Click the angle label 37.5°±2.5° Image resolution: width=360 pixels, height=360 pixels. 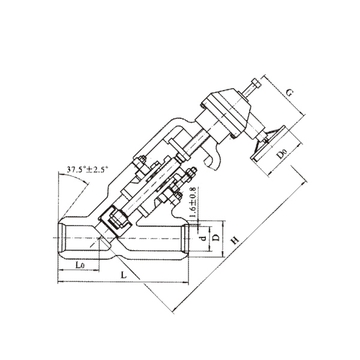(87, 169)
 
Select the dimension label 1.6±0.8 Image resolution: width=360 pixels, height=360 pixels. (193, 203)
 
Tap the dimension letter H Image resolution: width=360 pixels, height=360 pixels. (235, 241)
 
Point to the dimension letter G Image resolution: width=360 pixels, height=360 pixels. (290, 93)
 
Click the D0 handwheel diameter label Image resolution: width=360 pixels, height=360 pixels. (281, 154)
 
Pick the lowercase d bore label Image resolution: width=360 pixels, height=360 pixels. (203, 238)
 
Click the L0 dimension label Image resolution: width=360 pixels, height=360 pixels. (80, 265)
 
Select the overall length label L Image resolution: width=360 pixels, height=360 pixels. (124, 275)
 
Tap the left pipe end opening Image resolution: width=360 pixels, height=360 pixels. (62, 238)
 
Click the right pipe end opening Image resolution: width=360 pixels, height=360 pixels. (185, 239)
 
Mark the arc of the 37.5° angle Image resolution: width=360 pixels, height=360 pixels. (74, 175)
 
